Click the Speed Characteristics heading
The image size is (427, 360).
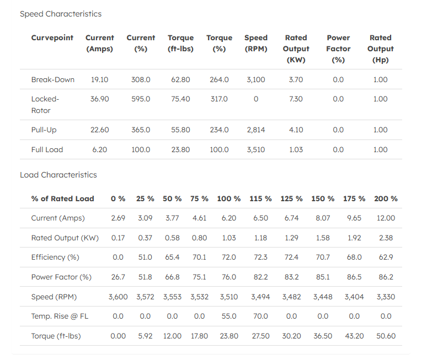(61, 14)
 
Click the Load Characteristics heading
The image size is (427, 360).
(58, 175)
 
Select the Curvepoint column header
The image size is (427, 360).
(52, 37)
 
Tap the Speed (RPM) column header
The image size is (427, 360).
(256, 43)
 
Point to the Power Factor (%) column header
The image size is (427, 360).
(338, 49)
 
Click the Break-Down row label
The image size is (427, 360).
(53, 79)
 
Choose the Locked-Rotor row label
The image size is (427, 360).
(45, 105)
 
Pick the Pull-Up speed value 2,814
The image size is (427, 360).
(256, 130)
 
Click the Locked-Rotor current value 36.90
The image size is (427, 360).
(100, 99)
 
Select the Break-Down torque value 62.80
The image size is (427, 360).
(180, 79)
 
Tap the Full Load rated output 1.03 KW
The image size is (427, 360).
(296, 149)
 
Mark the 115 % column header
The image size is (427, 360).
(260, 198)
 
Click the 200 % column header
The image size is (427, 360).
(386, 198)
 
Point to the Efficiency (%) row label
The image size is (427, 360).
(55, 257)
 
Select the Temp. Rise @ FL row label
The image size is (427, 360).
(60, 316)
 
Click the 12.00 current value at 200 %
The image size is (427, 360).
(386, 218)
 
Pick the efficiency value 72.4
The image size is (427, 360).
(291, 257)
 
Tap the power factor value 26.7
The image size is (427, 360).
(118, 277)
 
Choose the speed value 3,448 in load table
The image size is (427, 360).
(323, 297)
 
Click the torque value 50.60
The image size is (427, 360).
(386, 336)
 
